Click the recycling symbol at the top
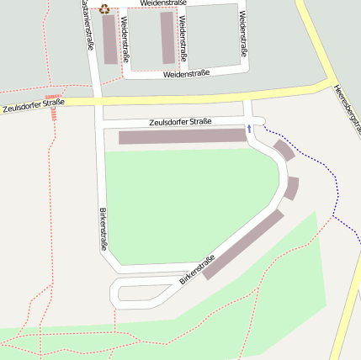coord(104,9)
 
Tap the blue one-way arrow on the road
coord(249,129)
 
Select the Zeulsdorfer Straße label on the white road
coord(179,122)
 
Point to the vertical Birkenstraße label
coord(104,228)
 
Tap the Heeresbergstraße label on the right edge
coord(347,109)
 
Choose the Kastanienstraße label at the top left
coord(87,25)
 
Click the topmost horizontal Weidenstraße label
coord(163,3)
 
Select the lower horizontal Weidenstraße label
coord(186,74)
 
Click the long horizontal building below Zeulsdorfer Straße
coord(182,136)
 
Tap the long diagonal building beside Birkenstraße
coord(242,244)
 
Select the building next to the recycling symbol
coord(110,39)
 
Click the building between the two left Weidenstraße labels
coord(167,37)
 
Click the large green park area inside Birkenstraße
coord(185,202)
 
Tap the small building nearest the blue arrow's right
coord(284,150)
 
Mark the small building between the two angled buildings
coord(291,188)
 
